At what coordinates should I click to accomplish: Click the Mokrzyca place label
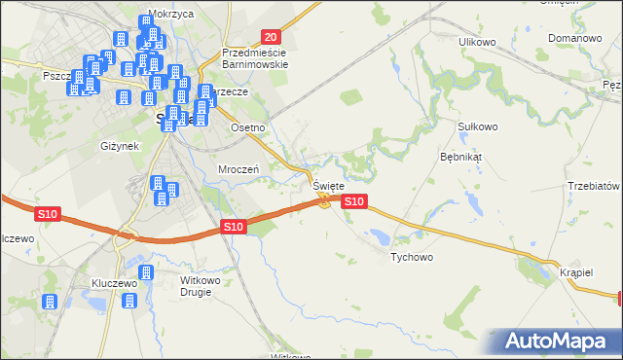pos(165,16)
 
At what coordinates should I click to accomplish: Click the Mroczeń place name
pos(237,168)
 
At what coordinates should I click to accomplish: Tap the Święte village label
pos(328,185)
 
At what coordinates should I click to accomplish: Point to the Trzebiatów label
pos(594,186)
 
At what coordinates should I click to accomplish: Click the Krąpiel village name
pos(577,272)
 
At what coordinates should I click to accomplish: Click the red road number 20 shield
pos(272,36)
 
